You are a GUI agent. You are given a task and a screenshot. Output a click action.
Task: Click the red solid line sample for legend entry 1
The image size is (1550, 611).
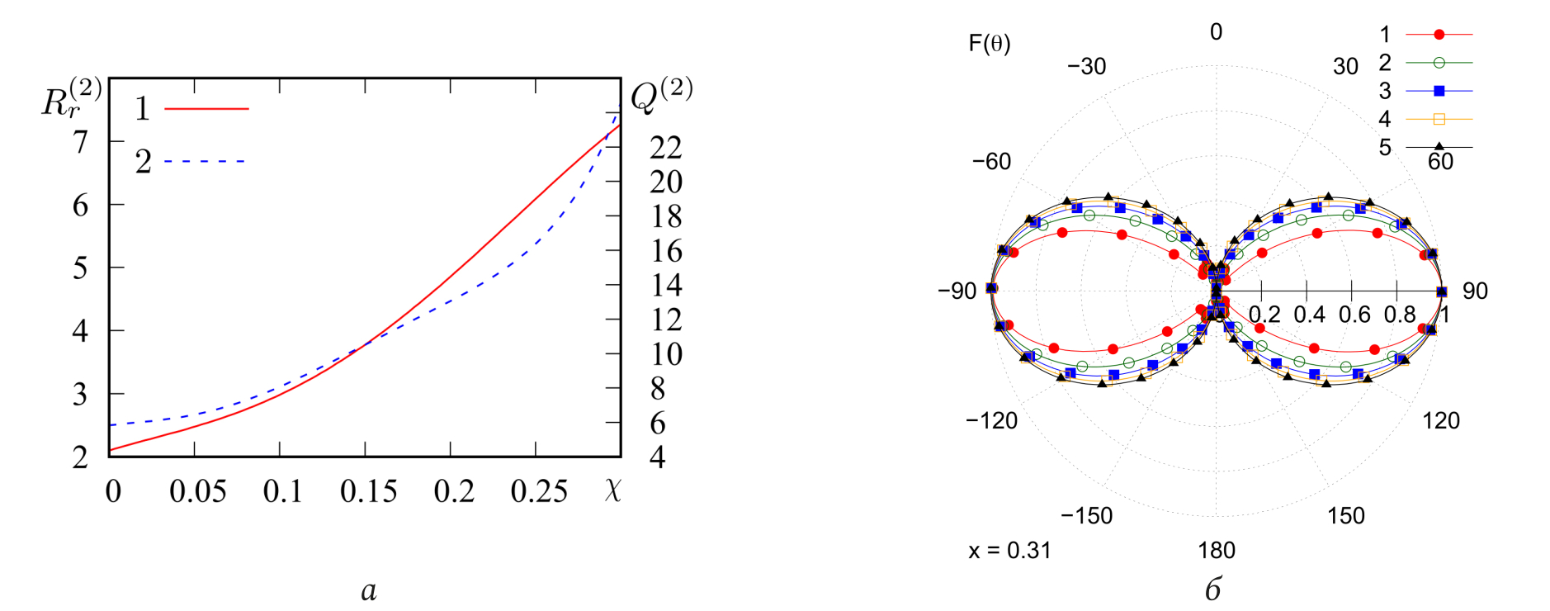[206, 108]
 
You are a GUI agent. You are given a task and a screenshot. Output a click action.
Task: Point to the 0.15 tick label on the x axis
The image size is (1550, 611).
[368, 491]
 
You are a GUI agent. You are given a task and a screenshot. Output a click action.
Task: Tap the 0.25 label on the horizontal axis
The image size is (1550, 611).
[539, 491]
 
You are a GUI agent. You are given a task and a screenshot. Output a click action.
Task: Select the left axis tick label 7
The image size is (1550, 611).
[80, 142]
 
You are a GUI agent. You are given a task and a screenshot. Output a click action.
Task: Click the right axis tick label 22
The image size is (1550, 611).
[666, 148]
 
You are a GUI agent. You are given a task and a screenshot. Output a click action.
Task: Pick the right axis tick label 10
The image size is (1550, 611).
[666, 354]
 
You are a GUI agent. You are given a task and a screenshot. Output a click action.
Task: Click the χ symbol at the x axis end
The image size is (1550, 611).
[612, 490]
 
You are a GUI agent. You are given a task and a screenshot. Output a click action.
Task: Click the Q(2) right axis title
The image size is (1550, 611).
[661, 95]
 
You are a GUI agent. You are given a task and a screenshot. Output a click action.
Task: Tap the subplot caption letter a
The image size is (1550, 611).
[369, 590]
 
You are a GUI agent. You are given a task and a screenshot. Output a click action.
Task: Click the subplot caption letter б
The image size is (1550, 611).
[1212, 589]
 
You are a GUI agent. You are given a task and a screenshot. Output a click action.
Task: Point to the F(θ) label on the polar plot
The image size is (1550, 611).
[989, 43]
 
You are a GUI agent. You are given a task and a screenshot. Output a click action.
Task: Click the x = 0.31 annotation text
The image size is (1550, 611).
[1009, 550]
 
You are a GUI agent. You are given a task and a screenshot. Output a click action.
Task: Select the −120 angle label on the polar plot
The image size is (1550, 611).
[992, 420]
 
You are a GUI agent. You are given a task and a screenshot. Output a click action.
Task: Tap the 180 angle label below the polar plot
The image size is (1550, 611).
[1216, 550]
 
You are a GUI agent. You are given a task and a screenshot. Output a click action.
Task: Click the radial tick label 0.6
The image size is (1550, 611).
[1354, 315]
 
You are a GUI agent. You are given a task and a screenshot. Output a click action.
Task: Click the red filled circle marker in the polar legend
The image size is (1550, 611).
[1439, 35]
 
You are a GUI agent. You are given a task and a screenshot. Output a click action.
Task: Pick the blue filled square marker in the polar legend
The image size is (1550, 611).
[1439, 91]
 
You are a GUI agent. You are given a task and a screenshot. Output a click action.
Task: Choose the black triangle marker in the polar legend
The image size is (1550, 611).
[1439, 147]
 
